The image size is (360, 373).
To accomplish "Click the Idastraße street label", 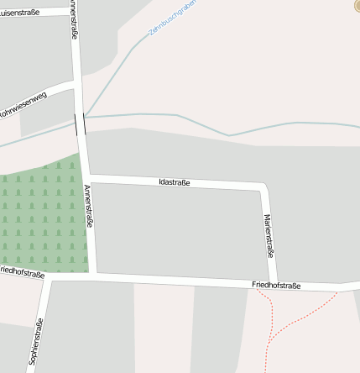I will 175,182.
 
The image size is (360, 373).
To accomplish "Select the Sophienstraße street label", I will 36,342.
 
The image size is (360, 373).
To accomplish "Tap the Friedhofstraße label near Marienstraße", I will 276,286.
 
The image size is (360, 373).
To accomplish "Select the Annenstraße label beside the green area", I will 89,210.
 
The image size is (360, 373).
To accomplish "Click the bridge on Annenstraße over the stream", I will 80,123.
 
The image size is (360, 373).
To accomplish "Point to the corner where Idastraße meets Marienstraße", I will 266,186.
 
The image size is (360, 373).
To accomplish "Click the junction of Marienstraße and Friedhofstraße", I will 273,283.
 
